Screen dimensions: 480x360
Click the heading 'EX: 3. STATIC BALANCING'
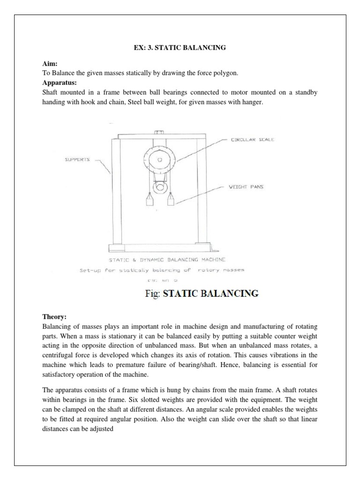click(180, 47)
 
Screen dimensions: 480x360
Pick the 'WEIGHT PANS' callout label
click(247, 187)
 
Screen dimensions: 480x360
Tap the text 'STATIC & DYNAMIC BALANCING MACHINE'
click(167, 259)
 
